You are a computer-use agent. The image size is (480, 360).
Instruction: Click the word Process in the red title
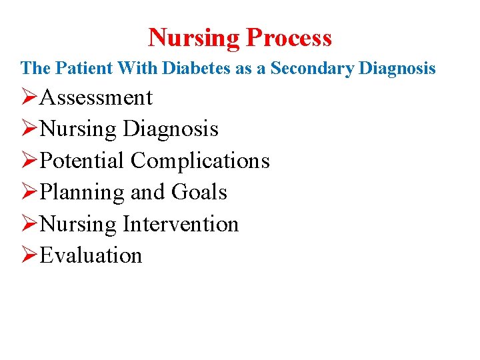coord(289,38)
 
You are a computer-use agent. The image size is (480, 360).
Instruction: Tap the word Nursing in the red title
coord(194,37)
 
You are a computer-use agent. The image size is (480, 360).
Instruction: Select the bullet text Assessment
coord(96,97)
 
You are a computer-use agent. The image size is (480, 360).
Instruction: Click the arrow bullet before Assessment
coord(29,97)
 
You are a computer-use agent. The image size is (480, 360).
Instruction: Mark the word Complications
coord(200,161)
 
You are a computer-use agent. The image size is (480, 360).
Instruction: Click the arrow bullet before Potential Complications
coord(29,161)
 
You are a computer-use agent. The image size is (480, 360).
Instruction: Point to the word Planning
coord(83,193)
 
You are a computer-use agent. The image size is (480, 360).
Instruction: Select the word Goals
coord(199,192)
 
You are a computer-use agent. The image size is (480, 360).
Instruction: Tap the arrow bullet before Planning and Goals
coord(29,192)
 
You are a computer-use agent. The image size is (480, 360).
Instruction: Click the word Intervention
coord(181,223)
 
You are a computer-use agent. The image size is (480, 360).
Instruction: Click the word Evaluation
coord(91,255)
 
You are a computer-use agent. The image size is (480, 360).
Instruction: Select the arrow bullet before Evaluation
coord(29,255)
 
